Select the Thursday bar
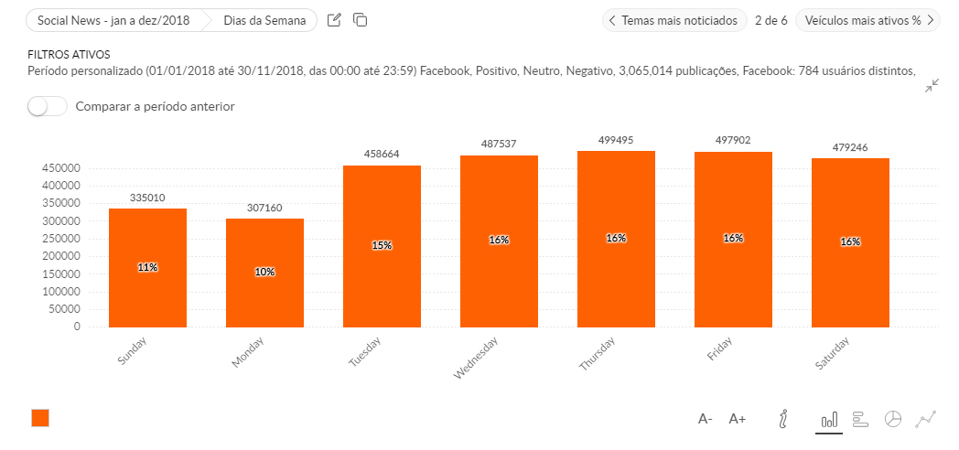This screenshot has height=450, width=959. (x=616, y=239)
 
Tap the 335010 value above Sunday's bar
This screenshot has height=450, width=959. (x=147, y=198)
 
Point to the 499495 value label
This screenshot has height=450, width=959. (x=616, y=140)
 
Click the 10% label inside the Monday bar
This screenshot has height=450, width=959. (x=264, y=272)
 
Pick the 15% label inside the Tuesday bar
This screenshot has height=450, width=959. (x=382, y=245)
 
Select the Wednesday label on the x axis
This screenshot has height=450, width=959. (x=476, y=358)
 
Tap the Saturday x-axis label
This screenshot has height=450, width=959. (x=832, y=354)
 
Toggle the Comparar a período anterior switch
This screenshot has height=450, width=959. (x=48, y=107)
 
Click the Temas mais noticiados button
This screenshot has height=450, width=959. (x=673, y=20)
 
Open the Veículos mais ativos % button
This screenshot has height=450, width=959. (x=868, y=20)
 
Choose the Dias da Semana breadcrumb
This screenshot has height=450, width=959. (x=264, y=20)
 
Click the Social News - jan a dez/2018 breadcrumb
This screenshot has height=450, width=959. (x=113, y=20)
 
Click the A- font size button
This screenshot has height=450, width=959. (x=706, y=419)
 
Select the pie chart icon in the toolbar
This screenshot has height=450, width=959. (x=893, y=419)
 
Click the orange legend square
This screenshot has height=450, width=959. (x=40, y=418)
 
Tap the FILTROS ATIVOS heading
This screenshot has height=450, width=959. (x=69, y=55)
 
